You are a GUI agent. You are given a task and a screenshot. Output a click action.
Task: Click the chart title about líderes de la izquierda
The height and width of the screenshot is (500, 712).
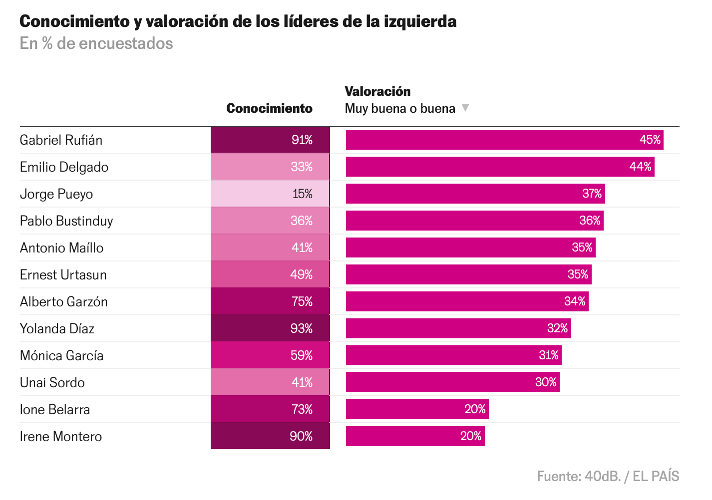[238, 21]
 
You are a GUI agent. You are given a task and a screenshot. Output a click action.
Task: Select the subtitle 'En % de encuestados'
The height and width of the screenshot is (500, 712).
[96, 43]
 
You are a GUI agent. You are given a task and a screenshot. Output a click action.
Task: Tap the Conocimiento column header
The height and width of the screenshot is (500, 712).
[269, 108]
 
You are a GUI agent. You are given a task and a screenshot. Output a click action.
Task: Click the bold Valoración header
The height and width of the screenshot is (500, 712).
[377, 91]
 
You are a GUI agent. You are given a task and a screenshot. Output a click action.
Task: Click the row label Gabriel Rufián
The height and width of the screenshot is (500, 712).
[61, 140]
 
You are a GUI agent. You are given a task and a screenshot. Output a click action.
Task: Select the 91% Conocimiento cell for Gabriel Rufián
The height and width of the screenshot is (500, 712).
[270, 140]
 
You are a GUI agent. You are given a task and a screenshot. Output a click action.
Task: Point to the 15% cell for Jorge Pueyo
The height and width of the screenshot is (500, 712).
[270, 194]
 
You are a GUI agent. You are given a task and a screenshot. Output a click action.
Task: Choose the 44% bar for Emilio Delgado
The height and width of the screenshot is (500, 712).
[500, 167]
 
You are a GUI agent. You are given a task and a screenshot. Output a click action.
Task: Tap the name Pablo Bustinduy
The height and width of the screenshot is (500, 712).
[66, 221]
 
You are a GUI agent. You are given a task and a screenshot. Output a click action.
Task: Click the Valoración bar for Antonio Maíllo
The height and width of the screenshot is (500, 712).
[470, 248]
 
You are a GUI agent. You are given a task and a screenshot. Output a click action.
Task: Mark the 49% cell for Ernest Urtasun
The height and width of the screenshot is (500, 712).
[270, 274]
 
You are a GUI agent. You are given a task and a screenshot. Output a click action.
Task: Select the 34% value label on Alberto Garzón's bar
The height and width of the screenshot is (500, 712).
[575, 301]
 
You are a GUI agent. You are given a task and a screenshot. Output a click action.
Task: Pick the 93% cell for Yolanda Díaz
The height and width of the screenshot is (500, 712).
[270, 328]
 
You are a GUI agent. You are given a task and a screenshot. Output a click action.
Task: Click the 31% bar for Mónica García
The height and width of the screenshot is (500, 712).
[453, 355]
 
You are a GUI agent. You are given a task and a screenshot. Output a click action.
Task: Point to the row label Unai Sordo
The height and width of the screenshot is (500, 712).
[52, 382]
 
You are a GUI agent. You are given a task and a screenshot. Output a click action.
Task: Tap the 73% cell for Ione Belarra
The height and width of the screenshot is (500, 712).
[270, 409]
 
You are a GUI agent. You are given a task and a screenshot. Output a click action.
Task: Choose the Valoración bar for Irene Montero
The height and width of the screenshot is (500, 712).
[415, 436]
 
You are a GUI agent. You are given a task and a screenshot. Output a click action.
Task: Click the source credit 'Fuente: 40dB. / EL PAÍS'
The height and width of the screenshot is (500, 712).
[608, 476]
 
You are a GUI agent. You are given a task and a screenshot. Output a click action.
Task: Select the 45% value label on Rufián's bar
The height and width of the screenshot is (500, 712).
[650, 140]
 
